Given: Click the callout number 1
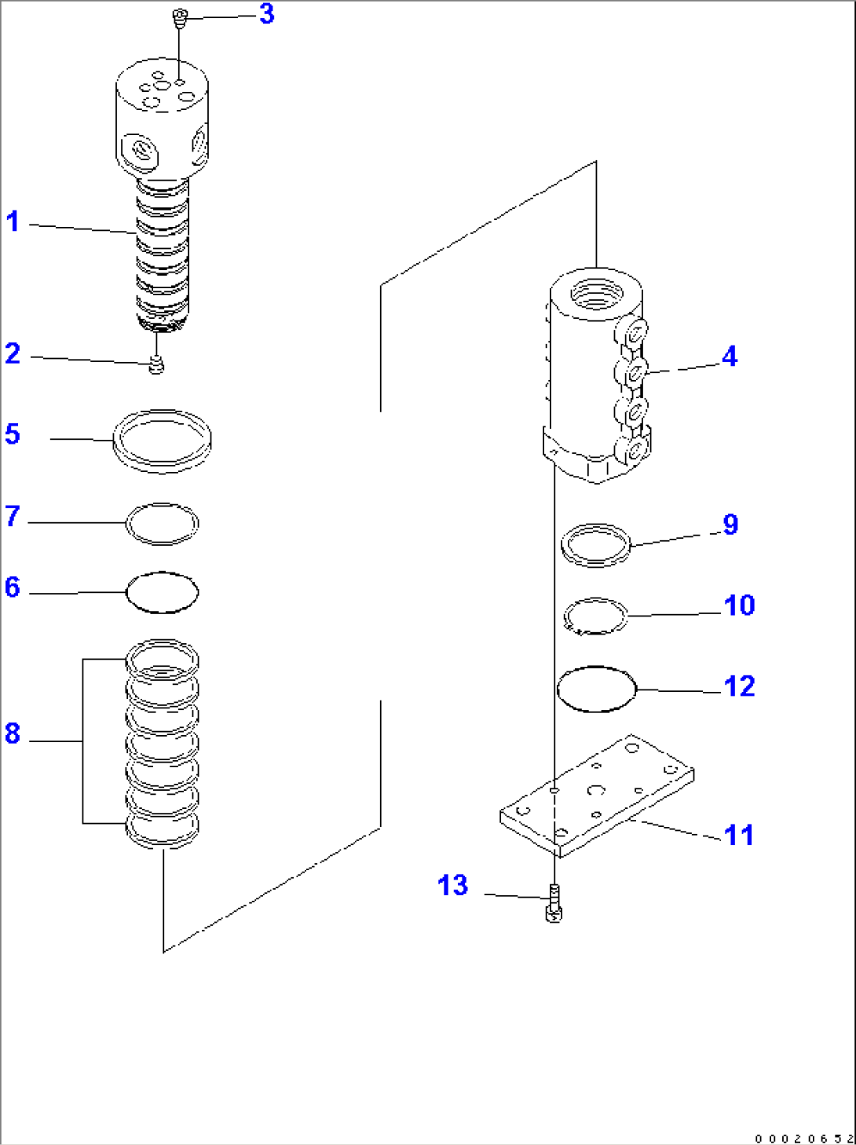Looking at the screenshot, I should click(13, 221).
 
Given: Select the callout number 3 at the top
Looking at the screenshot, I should click(267, 13).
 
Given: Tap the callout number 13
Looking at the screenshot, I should click(452, 885).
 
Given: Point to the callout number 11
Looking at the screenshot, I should click(739, 834).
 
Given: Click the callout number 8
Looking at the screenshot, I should click(13, 733).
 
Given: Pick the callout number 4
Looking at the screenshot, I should click(730, 357).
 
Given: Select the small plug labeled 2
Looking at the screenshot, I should click(157, 364).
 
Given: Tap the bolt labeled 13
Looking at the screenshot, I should click(554, 902).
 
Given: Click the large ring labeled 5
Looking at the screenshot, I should click(163, 441).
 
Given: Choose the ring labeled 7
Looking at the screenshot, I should click(163, 524).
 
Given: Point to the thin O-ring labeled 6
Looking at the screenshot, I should click(163, 592).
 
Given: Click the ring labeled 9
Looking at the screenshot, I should click(596, 544).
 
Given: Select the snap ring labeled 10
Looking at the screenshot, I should click(596, 615).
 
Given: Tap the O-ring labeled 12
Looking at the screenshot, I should click(596, 690).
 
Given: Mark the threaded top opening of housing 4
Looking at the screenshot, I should click(596, 293).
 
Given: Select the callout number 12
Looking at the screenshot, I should click(739, 686).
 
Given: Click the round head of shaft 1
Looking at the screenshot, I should click(163, 118).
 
